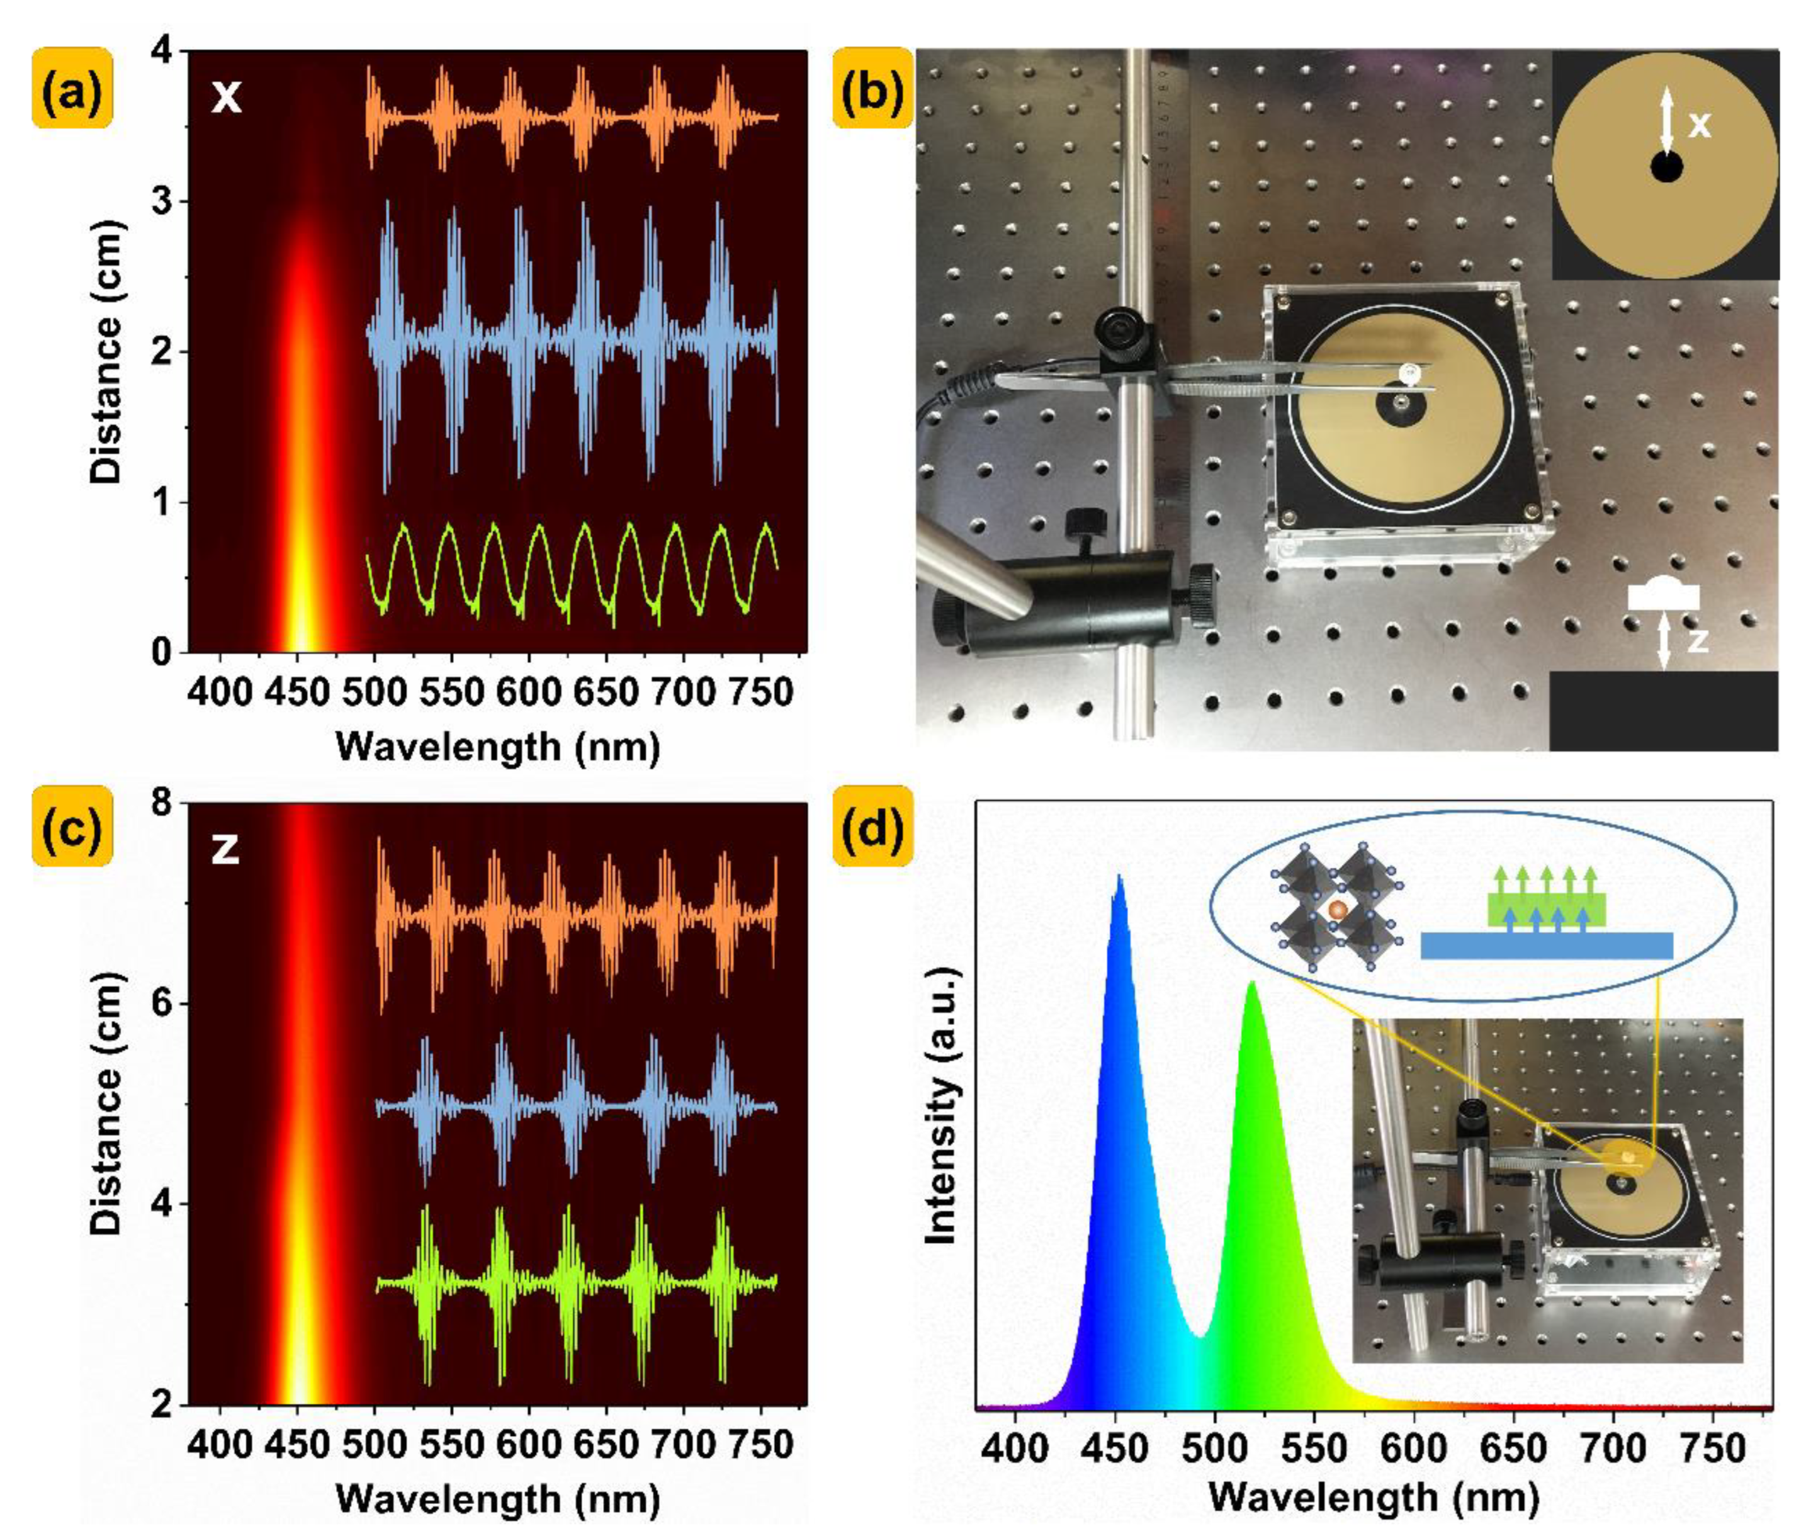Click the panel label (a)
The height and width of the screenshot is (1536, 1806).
pyautogui.click(x=73, y=88)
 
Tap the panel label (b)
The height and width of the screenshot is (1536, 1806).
pyautogui.click(x=872, y=88)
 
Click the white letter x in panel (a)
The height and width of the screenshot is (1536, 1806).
pyautogui.click(x=227, y=98)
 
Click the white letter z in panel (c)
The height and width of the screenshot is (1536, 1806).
pyautogui.click(x=225, y=849)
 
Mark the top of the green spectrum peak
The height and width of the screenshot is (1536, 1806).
pyautogui.click(x=1252, y=983)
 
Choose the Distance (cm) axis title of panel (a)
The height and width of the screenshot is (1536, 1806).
pyautogui.click(x=108, y=352)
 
